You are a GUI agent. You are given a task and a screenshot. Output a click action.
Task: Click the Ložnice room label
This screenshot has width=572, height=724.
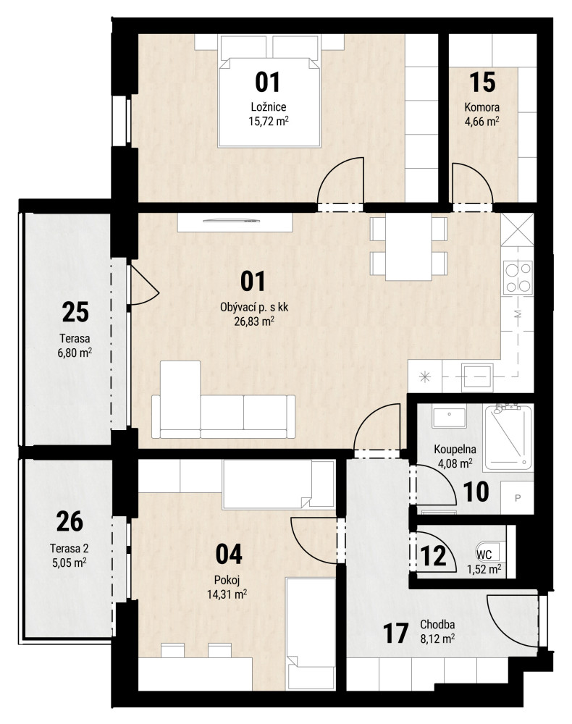[x=268, y=106]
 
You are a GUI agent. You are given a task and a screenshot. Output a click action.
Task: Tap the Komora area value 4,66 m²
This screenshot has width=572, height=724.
[x=482, y=122]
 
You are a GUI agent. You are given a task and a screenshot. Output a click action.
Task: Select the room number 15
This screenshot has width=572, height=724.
[x=482, y=83]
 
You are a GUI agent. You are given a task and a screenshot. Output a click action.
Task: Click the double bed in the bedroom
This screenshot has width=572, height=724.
[x=269, y=91]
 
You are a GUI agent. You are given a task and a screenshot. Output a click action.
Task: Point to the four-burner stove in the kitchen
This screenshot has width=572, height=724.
[x=518, y=277]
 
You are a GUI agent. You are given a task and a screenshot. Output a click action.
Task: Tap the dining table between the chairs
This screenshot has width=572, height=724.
[x=408, y=247]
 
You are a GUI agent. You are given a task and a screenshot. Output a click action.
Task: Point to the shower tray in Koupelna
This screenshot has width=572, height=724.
[x=508, y=437]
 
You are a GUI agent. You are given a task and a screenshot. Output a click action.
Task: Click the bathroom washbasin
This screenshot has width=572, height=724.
[x=449, y=417]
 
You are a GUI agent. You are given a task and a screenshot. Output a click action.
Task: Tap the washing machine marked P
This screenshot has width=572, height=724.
[x=517, y=498]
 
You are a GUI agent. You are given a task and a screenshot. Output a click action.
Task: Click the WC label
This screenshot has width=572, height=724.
[x=484, y=555]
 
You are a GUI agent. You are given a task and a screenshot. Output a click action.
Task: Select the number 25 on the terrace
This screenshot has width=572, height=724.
[x=75, y=312]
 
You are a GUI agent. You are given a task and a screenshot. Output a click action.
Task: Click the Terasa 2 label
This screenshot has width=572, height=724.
[x=70, y=549]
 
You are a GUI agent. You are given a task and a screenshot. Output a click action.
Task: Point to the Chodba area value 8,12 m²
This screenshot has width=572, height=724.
[x=437, y=639]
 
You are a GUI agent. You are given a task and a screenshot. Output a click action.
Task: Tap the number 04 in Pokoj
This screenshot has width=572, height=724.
[x=229, y=554]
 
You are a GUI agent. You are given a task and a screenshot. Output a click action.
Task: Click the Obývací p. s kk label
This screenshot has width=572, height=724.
[x=254, y=307]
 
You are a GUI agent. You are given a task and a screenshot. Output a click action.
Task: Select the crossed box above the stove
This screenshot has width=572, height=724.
[x=517, y=230]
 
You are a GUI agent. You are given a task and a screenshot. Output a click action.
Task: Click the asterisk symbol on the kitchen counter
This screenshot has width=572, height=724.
[x=425, y=376]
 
